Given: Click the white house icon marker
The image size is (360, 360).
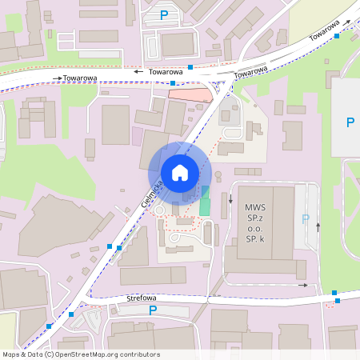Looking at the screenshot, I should [x=180, y=172].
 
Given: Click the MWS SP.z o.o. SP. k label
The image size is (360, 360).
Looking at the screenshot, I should [x=255, y=222].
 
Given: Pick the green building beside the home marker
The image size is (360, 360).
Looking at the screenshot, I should [x=205, y=201].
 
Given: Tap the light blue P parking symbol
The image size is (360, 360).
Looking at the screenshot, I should [x=305, y=218].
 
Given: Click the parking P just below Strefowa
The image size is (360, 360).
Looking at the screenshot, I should [x=153, y=310].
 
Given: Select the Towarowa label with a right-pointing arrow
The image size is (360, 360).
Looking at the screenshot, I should [x=77, y=78].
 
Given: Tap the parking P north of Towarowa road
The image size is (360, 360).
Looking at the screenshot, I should [x=165, y=14].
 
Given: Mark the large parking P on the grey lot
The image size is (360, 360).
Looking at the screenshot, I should [x=350, y=122].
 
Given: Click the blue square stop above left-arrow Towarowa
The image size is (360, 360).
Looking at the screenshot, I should [x=190, y=67].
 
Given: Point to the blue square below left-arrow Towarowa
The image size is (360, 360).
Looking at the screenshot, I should [x=173, y=82].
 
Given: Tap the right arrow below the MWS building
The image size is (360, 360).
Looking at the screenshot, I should [x=302, y=285].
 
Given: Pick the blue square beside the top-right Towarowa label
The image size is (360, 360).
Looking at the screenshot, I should [x=337, y=35].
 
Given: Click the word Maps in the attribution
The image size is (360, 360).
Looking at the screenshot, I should [x=12, y=354].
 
